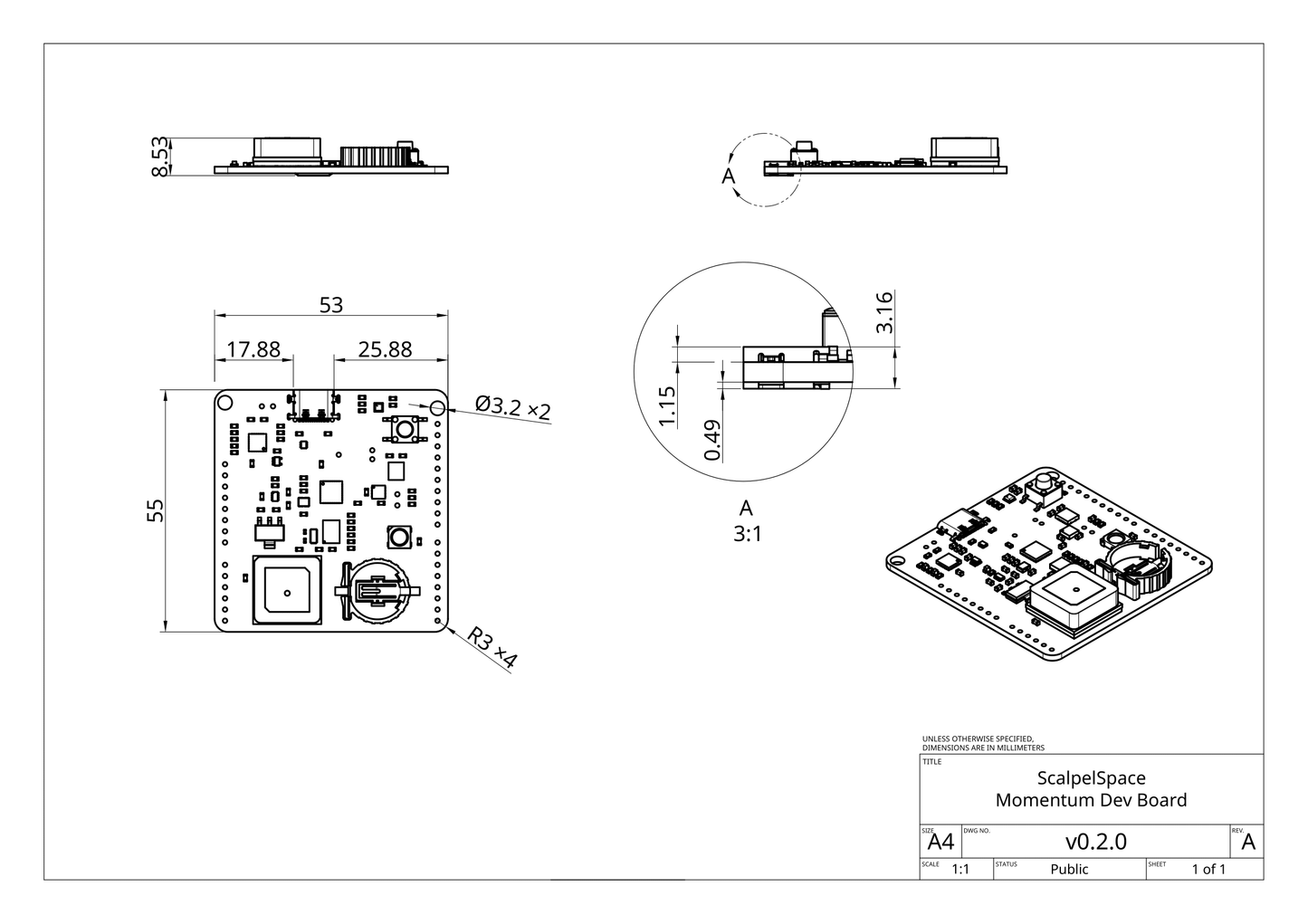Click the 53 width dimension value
coord(331,305)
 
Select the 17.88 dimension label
coord(253,349)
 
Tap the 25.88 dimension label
coord(385,349)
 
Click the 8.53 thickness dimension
coord(159,157)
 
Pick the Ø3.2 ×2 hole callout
coord(512,407)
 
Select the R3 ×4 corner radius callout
coord(492,649)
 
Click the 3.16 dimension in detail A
coord(885,312)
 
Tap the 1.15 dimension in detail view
coord(667,406)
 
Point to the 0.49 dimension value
coord(712,440)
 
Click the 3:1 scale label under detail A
coord(747,535)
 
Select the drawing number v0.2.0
coord(1095,842)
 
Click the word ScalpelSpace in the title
coord(1091,778)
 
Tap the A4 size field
coord(940,843)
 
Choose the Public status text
coord(1069,870)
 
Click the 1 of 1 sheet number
coord(1208,870)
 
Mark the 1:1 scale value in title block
coord(960,870)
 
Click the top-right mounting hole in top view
coord(437,409)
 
